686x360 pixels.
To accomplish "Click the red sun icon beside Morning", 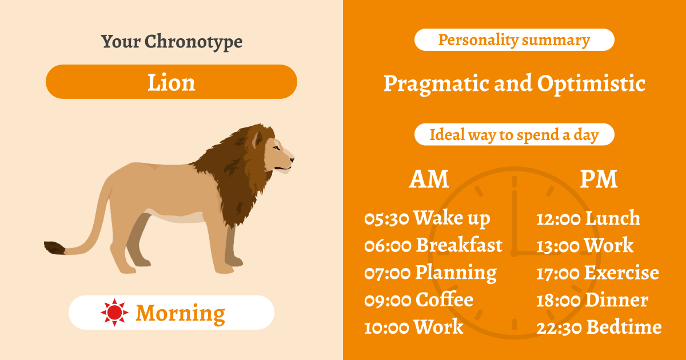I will (x=114, y=313).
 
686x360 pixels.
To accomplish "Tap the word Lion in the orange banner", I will (x=171, y=82).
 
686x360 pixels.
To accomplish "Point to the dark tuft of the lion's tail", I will (x=54, y=247).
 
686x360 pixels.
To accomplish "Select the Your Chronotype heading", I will (x=171, y=42).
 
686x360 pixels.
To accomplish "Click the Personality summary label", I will (x=514, y=40).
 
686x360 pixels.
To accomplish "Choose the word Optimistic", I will (x=591, y=84).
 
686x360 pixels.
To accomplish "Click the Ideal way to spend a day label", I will (x=514, y=135).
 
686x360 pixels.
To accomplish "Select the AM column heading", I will (x=429, y=179).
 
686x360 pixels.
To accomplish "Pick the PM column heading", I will (x=599, y=179).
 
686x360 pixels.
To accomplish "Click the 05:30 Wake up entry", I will (x=427, y=218).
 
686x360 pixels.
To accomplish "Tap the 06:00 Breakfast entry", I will (x=433, y=246).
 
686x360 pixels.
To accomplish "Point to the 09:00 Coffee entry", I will (x=418, y=300).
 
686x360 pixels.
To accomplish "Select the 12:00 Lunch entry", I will (x=588, y=218).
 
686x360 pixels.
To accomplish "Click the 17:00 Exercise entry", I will (x=597, y=273).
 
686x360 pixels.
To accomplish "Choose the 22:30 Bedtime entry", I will (x=599, y=327).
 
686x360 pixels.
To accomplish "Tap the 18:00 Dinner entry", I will (x=592, y=300).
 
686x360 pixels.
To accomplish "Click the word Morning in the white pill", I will (x=181, y=313).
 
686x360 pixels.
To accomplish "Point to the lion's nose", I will (x=292, y=158).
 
